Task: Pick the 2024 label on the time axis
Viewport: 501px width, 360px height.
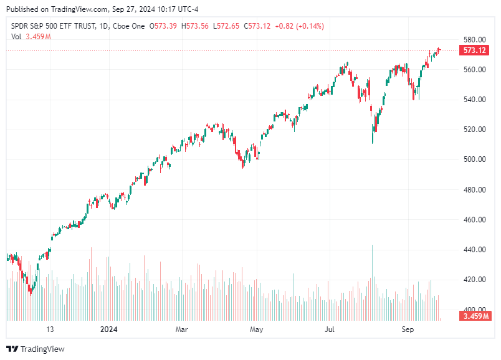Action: click(109, 329)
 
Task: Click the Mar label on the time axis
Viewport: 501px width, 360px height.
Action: click(181, 329)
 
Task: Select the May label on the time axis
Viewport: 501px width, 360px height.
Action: click(255, 329)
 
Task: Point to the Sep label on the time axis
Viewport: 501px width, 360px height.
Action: click(408, 329)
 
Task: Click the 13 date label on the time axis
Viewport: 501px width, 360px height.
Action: click(50, 329)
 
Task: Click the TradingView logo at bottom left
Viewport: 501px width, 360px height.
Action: click(36, 349)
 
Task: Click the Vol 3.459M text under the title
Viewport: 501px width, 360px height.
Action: click(31, 37)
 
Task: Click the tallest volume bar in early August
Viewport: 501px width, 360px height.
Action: click(373, 280)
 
